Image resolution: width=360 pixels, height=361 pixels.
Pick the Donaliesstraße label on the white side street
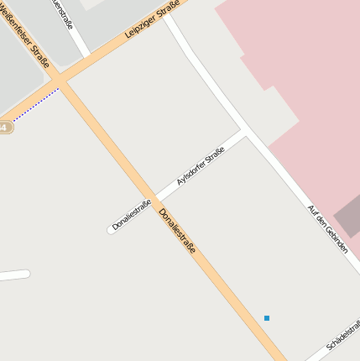tap(132, 215)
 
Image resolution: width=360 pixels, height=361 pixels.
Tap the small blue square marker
tap(267, 317)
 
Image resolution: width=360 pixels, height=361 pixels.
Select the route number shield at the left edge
tap(4, 127)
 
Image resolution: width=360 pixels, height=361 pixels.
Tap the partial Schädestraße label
tap(342, 335)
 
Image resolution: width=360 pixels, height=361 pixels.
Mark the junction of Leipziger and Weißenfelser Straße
tap(58, 81)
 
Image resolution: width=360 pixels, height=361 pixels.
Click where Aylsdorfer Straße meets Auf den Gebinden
tap(244, 133)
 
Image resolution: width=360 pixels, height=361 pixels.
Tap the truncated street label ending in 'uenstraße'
tap(63, 14)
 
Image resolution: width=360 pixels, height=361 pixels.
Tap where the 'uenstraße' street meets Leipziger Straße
tap(86, 55)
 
